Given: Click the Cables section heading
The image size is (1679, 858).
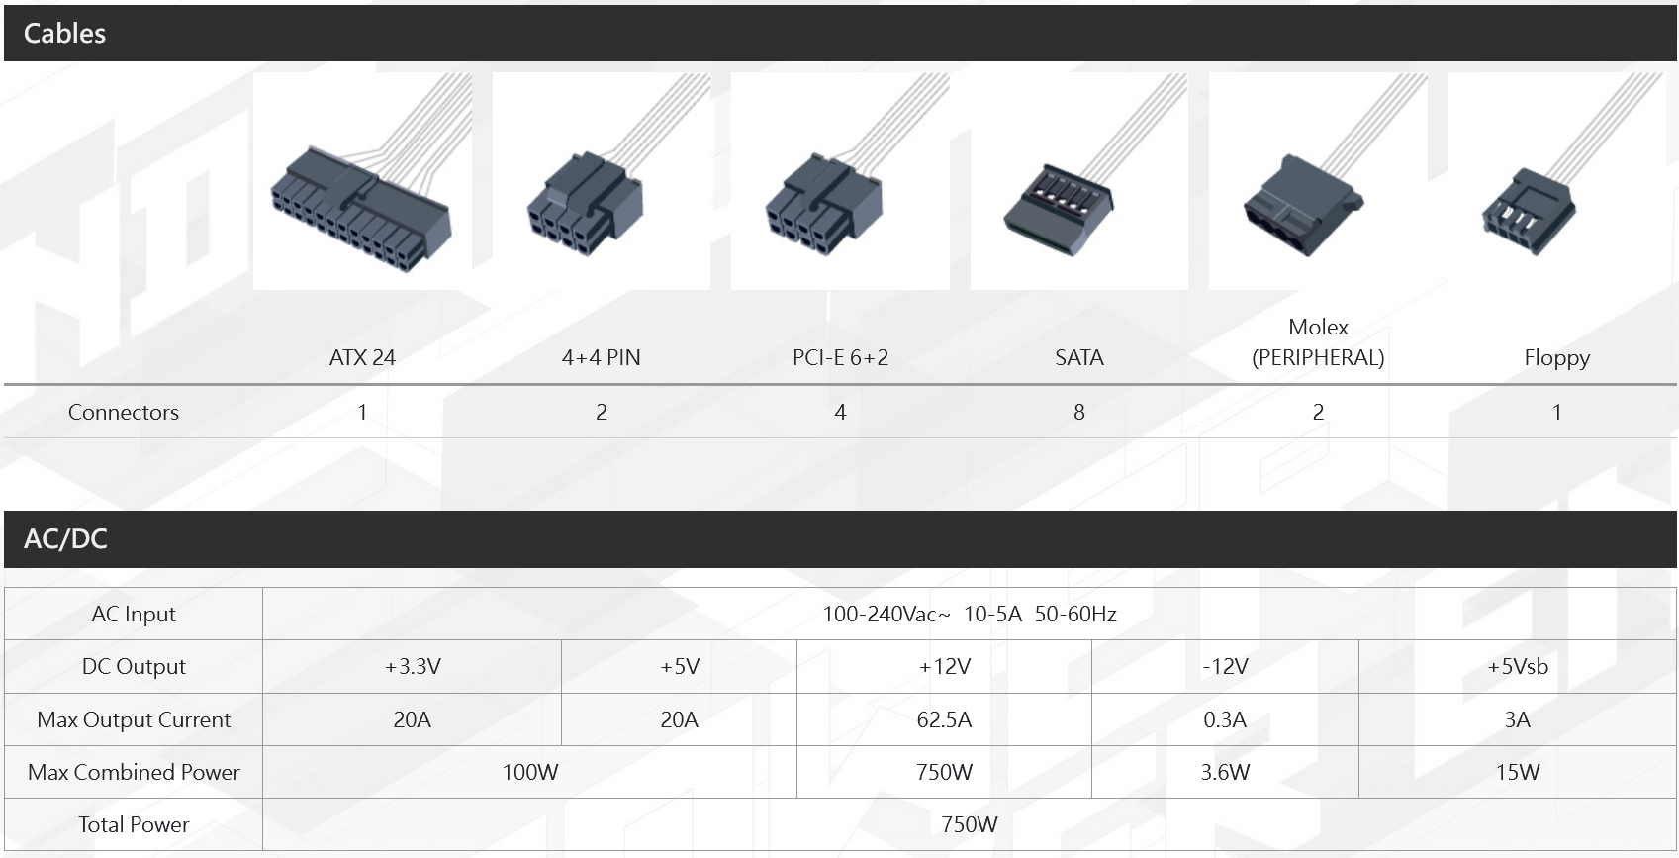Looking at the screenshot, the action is pyautogui.click(x=64, y=33).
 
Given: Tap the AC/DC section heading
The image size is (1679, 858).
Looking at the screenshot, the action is pyautogui.click(x=65, y=538).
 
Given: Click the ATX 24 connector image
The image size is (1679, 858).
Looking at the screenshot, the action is pyautogui.click(x=362, y=181).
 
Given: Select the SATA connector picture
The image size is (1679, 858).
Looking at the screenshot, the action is pyautogui.click(x=1078, y=181).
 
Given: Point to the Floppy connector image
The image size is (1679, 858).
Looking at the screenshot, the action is pyautogui.click(x=1557, y=181).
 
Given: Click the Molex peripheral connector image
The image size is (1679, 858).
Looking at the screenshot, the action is pyautogui.click(x=1318, y=181).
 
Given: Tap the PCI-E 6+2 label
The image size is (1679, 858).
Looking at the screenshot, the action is pyautogui.click(x=840, y=358).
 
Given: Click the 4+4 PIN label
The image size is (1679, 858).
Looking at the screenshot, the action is pyautogui.click(x=602, y=358).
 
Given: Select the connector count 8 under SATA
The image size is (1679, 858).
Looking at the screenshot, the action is pyautogui.click(x=1079, y=412).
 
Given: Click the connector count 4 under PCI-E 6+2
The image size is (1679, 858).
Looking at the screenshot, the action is pyautogui.click(x=840, y=412).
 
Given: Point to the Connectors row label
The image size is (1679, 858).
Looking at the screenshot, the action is pyautogui.click(x=124, y=412).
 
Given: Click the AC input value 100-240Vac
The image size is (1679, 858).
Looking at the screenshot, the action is pyautogui.click(x=886, y=615).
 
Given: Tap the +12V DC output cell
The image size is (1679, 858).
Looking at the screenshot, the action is pyautogui.click(x=945, y=666).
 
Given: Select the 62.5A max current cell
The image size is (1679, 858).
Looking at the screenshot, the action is pyautogui.click(x=945, y=719).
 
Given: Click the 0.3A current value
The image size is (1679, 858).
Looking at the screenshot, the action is pyautogui.click(x=1225, y=720).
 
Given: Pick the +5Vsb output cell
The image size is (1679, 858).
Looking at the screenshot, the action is pyautogui.click(x=1517, y=666).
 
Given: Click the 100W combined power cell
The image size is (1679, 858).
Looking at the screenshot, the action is pyautogui.click(x=530, y=772).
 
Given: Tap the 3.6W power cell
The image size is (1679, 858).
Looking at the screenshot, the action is pyautogui.click(x=1225, y=772).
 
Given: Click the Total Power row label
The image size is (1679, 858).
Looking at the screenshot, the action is pyautogui.click(x=134, y=825).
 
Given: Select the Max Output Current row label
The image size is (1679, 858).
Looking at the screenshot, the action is pyautogui.click(x=134, y=720).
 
